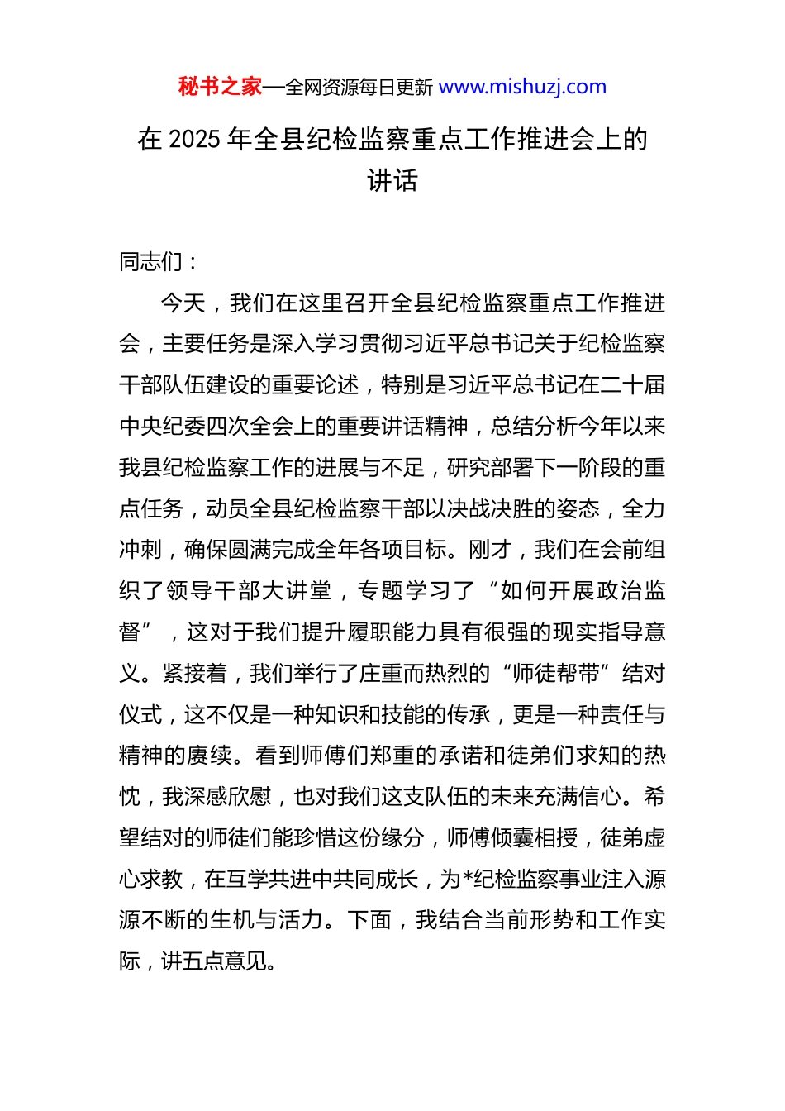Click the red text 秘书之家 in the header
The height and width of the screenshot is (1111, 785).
(220, 87)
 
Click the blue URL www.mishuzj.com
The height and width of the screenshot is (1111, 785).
(522, 87)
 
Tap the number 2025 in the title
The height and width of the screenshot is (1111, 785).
(194, 140)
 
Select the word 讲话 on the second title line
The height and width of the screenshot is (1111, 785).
(392, 181)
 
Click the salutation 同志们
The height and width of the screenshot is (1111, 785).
(150, 262)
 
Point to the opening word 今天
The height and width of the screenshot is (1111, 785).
(183, 303)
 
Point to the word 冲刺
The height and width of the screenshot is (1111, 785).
(140, 551)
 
